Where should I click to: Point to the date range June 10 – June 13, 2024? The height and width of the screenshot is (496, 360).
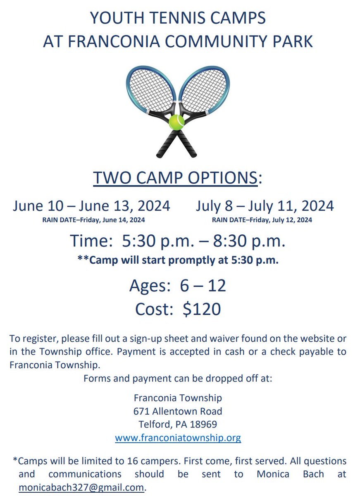[x=91, y=206]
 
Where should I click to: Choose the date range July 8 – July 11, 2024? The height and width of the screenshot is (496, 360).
[x=265, y=206]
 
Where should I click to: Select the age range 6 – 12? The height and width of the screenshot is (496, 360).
[x=203, y=286]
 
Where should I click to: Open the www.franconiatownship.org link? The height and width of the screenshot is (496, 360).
[x=178, y=438]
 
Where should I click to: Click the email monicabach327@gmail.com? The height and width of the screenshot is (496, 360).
[x=81, y=487]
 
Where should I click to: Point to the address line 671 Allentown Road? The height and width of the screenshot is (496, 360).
[x=178, y=411]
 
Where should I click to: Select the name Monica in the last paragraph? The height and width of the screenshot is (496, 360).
[x=272, y=474]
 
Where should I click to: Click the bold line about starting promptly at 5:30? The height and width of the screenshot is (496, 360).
[x=178, y=260]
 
